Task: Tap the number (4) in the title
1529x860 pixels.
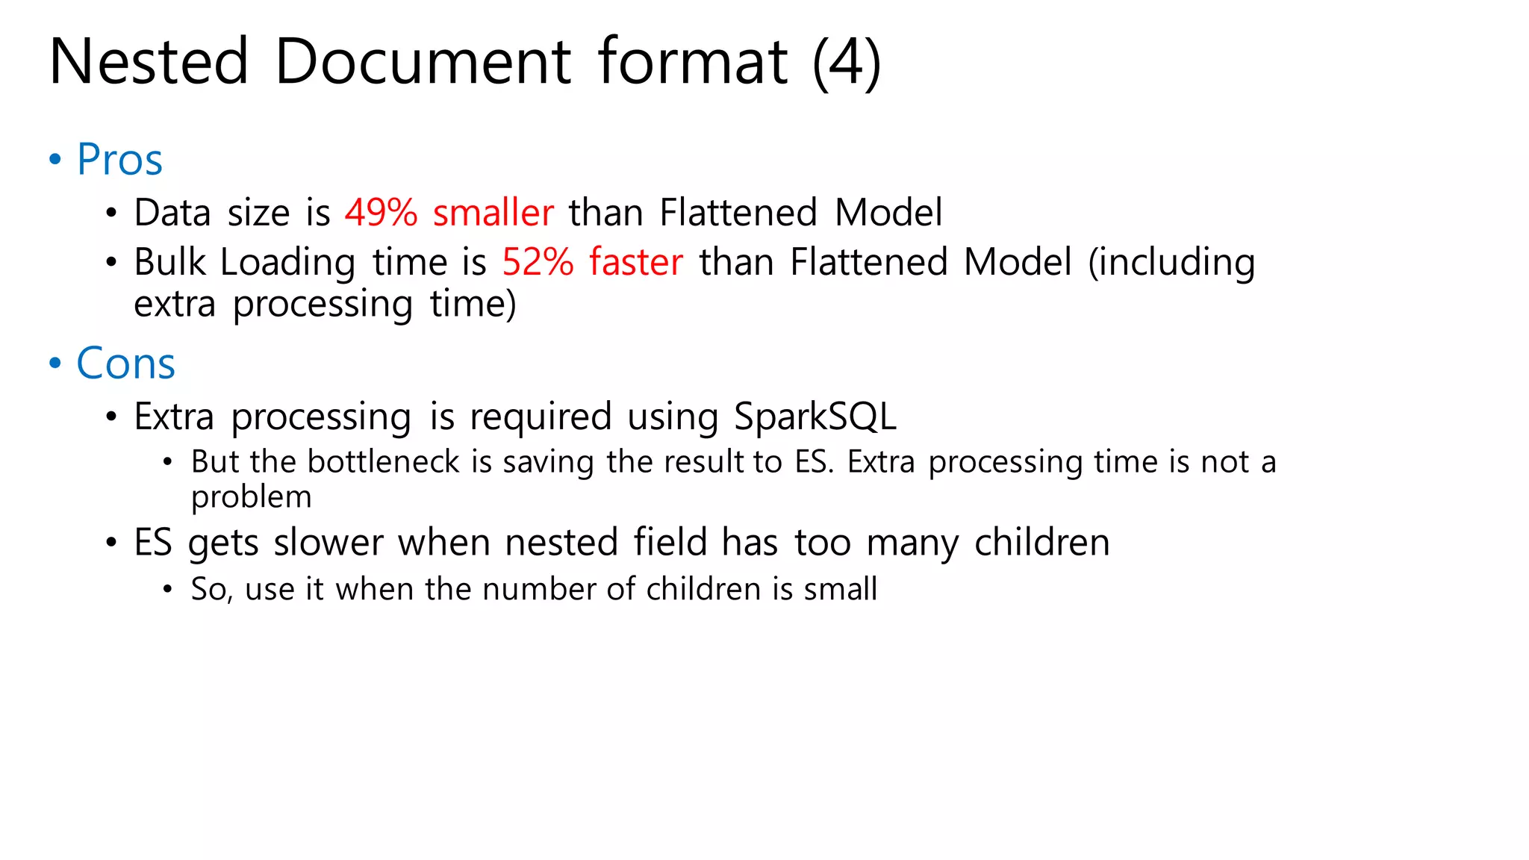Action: pyautogui.click(x=847, y=63)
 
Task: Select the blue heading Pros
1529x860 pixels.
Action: pyautogui.click(x=119, y=160)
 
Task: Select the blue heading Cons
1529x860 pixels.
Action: pyautogui.click(x=125, y=364)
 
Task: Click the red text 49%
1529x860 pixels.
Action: pyautogui.click(x=381, y=213)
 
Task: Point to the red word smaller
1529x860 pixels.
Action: pyautogui.click(x=493, y=213)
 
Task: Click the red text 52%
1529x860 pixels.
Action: pyautogui.click(x=538, y=262)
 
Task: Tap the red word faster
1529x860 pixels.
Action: pyautogui.click(x=635, y=262)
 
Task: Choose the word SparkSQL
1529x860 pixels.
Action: pyautogui.click(x=815, y=417)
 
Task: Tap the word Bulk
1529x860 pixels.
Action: pyautogui.click(x=169, y=262)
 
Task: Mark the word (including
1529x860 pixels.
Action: pyautogui.click(x=1171, y=264)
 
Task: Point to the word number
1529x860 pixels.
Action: pyautogui.click(x=539, y=589)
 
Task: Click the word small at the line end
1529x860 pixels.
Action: pyautogui.click(x=840, y=589)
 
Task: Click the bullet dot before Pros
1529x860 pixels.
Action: pyautogui.click(x=55, y=159)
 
